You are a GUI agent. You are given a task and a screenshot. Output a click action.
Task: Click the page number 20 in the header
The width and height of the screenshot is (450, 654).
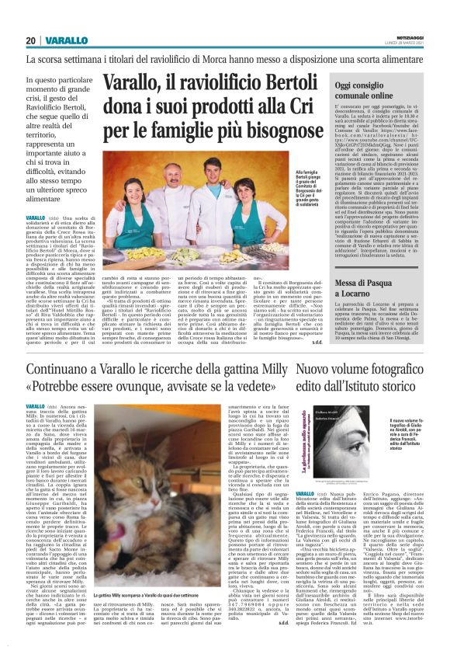[31, 40]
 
